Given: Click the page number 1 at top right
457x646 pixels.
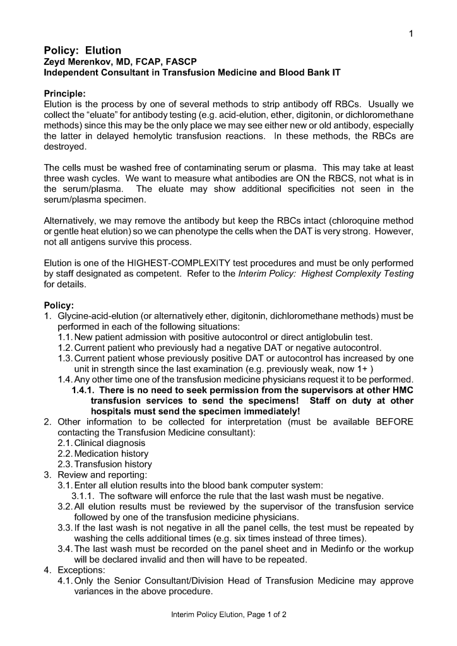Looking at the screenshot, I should (410, 34).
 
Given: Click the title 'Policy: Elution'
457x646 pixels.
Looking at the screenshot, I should (82, 50).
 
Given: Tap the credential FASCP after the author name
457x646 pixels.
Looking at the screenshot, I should (181, 62).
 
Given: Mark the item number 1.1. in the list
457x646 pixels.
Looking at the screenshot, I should (65, 338).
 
